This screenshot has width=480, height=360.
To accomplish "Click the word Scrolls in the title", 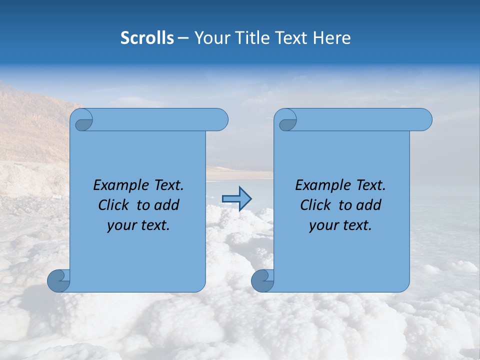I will (147, 38).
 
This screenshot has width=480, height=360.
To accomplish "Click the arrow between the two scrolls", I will (236, 199).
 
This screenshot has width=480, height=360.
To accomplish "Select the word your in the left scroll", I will (121, 225).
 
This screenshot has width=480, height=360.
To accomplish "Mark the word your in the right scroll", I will (323, 225).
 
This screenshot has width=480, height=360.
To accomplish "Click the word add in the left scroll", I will (167, 205).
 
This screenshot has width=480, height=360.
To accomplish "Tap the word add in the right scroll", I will (369, 205).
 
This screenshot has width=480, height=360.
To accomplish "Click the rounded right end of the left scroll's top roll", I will (220, 120).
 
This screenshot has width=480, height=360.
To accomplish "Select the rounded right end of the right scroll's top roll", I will (424, 120).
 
